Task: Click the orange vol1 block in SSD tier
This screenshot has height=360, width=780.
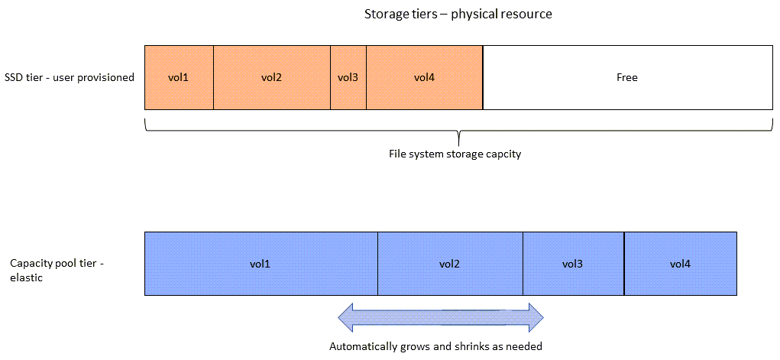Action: click(179, 77)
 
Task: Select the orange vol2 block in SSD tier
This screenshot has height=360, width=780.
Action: click(271, 77)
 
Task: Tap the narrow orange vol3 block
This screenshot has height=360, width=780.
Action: click(348, 77)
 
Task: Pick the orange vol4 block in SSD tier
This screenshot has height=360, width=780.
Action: click(424, 77)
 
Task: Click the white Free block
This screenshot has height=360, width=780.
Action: click(627, 77)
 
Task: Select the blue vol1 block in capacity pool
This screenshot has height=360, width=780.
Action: click(261, 264)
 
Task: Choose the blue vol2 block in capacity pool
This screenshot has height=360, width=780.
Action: click(449, 264)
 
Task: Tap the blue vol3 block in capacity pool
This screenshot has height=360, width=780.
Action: click(572, 264)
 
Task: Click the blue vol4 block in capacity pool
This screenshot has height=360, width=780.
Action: click(680, 264)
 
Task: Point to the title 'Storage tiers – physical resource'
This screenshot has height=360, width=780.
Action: click(458, 15)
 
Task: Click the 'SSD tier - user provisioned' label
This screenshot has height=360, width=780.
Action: click(70, 77)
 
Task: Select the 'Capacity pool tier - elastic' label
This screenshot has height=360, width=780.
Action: click(57, 271)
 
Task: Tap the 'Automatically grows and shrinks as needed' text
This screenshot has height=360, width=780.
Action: click(435, 346)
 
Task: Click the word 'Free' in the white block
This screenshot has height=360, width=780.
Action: click(627, 77)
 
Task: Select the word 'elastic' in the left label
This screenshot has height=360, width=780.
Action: click(26, 278)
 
